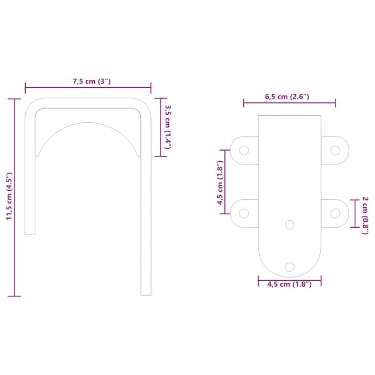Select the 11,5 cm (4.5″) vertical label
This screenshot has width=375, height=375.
(9, 197)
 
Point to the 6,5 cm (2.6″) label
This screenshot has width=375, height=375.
(287, 96)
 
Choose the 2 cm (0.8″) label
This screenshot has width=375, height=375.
(365, 213)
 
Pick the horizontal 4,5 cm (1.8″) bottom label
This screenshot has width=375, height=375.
(289, 284)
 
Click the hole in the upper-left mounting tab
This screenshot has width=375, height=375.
(244, 151)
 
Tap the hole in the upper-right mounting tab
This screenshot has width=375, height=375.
(335, 151)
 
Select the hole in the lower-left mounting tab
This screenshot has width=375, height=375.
(244, 213)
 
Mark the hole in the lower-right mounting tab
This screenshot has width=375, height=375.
(335, 213)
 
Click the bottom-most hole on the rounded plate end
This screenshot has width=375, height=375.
(290, 266)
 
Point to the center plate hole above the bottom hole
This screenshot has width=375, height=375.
(290, 224)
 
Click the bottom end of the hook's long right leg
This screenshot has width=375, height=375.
(146, 294)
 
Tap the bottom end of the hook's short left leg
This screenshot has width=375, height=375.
(31, 232)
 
